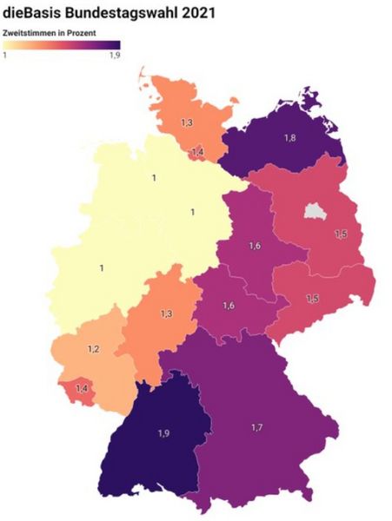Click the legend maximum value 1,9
114,55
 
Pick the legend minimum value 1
5,55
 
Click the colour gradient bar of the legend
61,44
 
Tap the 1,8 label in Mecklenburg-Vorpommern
289,137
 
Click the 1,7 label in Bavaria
257,428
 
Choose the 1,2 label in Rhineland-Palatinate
93,348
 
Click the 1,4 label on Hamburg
197,152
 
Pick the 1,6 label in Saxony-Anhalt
254,246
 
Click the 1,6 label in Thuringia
228,306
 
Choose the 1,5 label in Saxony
312,298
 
